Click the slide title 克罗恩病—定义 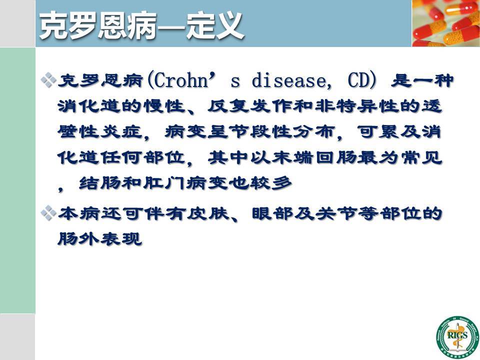141,25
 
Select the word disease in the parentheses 289,81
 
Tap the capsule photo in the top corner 445,23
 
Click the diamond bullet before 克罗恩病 48,80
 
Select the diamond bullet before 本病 48,213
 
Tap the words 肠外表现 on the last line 100,239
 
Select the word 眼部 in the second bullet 273,213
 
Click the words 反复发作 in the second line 250,106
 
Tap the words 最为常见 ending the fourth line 400,158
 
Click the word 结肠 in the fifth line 100,183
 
